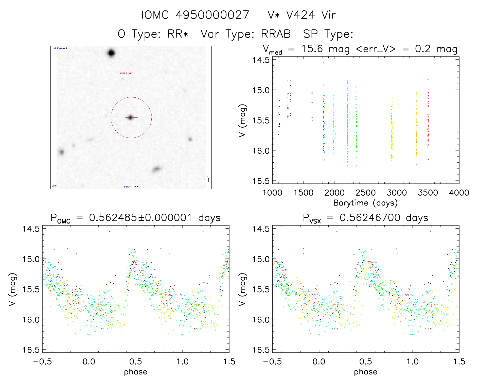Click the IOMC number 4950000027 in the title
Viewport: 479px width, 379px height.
[x=212, y=15]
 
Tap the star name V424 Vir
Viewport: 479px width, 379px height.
[x=311, y=15]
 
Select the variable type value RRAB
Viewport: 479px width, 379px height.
[x=276, y=34]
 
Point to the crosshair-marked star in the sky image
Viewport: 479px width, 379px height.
[x=131, y=117]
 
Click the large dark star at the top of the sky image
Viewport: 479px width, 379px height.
[x=111, y=53]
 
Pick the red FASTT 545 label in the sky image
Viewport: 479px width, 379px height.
[x=126, y=73]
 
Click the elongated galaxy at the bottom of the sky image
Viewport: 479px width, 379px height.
[x=157, y=169]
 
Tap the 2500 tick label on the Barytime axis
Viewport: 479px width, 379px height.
[x=365, y=193]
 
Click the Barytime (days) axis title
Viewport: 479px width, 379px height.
[x=365, y=203]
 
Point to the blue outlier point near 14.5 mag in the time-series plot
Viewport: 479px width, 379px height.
[x=324, y=63]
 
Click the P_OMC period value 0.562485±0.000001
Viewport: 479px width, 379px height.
[x=140, y=218]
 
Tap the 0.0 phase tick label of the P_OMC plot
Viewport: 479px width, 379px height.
[x=89, y=362]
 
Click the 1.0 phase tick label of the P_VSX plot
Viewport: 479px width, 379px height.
[x=412, y=362]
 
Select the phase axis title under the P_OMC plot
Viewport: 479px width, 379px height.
[x=135, y=372]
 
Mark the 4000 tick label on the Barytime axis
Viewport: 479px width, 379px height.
[x=459, y=193]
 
